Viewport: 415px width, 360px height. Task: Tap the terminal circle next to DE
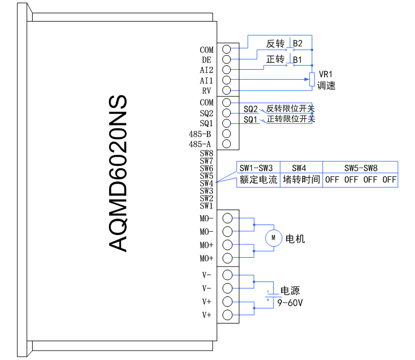click(x=226, y=60)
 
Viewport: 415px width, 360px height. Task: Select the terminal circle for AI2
click(x=226, y=70)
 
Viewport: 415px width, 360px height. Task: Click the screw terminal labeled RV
click(x=226, y=90)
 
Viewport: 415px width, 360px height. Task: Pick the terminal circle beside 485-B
click(x=226, y=133)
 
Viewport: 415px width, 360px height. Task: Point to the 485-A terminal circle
click(x=226, y=144)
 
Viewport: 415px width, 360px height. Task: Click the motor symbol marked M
click(x=273, y=238)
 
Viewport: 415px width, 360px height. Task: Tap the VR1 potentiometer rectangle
click(x=312, y=80)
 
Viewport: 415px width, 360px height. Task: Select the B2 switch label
click(x=298, y=43)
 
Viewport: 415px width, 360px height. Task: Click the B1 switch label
click(x=298, y=59)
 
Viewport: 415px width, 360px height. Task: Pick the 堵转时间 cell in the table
click(x=302, y=180)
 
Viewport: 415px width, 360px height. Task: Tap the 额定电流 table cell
click(x=258, y=180)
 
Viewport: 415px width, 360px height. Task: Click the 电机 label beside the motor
click(x=295, y=239)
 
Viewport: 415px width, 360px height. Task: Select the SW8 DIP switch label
click(x=206, y=153)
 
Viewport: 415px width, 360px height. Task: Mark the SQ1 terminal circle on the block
click(x=226, y=123)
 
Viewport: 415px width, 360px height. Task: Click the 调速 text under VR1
click(x=326, y=86)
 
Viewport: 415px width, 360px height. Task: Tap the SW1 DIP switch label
click(x=206, y=205)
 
